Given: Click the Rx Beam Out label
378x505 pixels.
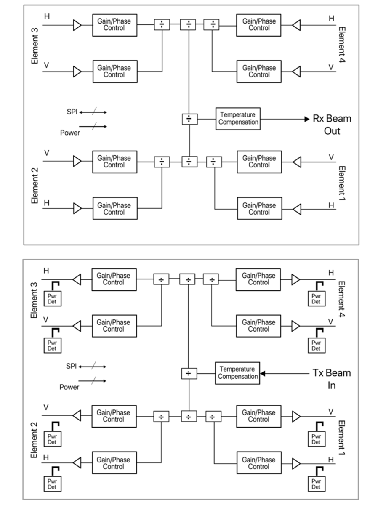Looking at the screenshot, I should (x=332, y=125).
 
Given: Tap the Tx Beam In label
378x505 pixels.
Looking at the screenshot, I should (x=332, y=379).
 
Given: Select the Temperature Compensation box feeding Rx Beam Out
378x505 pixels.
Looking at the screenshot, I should (x=238, y=118).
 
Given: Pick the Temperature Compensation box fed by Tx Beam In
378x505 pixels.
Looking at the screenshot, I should (x=238, y=373).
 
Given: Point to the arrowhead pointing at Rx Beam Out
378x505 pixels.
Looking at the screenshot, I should (x=307, y=119).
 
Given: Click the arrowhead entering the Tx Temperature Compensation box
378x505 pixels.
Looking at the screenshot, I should (x=263, y=373).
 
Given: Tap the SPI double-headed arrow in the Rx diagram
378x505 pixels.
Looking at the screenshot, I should (x=93, y=112).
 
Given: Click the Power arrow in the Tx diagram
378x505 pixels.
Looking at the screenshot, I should (x=93, y=381).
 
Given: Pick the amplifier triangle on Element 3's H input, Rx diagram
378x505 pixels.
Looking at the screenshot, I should (x=77, y=25).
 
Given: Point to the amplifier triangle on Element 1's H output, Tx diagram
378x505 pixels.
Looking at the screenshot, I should (x=296, y=463).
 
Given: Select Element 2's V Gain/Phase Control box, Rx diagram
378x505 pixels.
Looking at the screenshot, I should (x=114, y=162).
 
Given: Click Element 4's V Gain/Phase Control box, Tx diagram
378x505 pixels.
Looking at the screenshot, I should (x=258, y=326).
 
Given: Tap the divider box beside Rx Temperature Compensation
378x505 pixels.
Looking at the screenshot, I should (x=189, y=119).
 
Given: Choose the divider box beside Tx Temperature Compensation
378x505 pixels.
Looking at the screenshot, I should (x=189, y=373).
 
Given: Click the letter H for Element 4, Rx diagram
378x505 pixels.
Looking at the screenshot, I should (x=331, y=18).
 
